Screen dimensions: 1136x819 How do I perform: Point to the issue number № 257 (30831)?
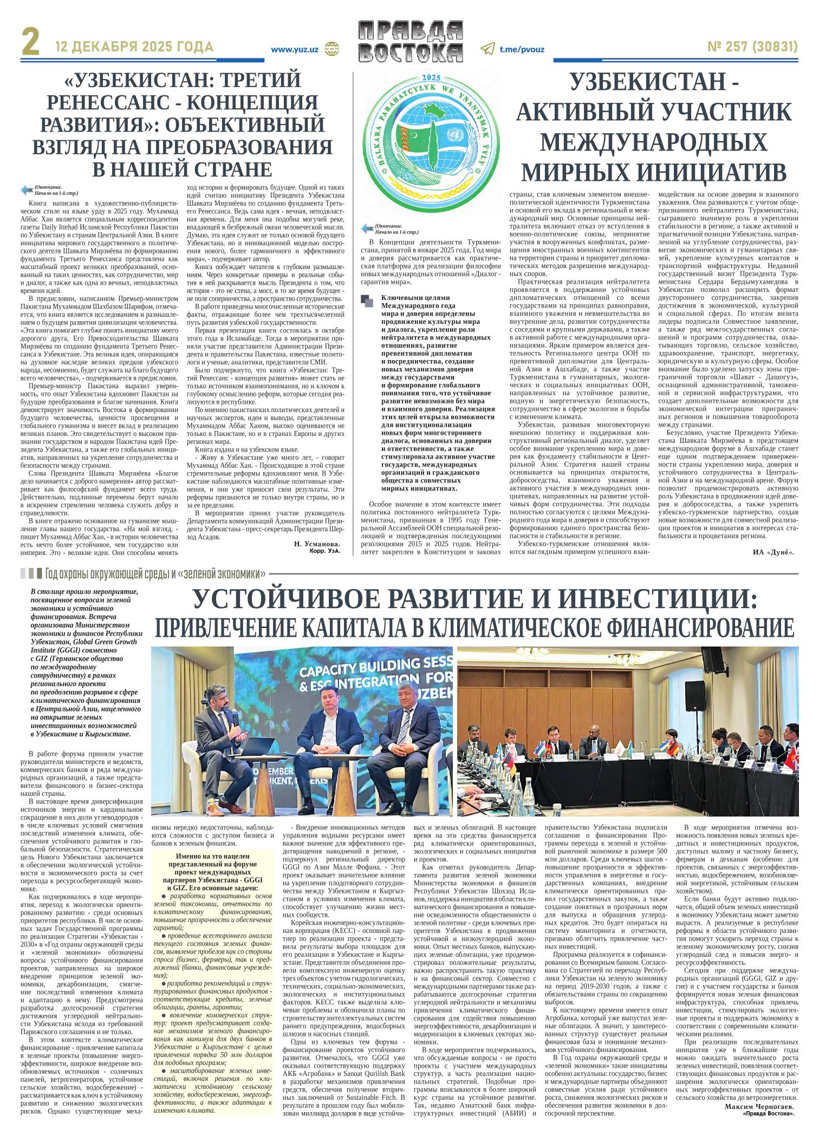[752, 48]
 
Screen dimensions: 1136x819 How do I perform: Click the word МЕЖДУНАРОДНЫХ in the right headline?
[654, 142]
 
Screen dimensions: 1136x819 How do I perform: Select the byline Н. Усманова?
[316, 543]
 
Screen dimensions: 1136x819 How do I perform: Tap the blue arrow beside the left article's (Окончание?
[27, 190]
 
